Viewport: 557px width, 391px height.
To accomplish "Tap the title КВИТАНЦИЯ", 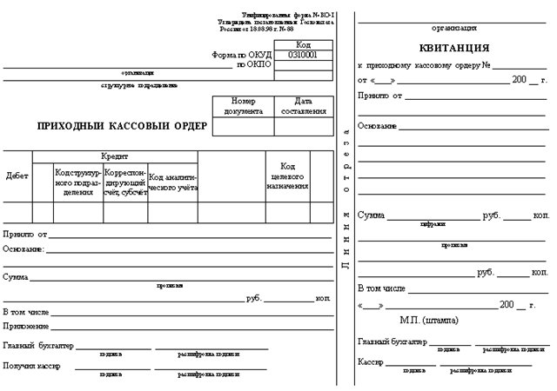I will [x=453, y=47].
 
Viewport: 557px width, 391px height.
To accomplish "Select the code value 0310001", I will [x=303, y=54].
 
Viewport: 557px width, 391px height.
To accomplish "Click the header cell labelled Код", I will [x=303, y=43].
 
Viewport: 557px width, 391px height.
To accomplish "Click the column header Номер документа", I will [x=243, y=106].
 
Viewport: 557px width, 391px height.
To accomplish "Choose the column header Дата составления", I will [x=303, y=106].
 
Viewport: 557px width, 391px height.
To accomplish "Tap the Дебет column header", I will [x=17, y=175].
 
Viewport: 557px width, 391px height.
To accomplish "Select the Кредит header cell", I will [x=114, y=156].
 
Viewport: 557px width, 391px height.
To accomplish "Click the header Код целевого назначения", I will [x=287, y=176].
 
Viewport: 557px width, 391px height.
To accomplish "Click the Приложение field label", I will [x=26, y=326].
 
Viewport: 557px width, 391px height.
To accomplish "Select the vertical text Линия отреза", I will [x=346, y=209].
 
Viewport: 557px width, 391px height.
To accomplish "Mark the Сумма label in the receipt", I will [x=372, y=214].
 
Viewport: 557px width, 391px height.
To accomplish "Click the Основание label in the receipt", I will [x=378, y=126].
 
